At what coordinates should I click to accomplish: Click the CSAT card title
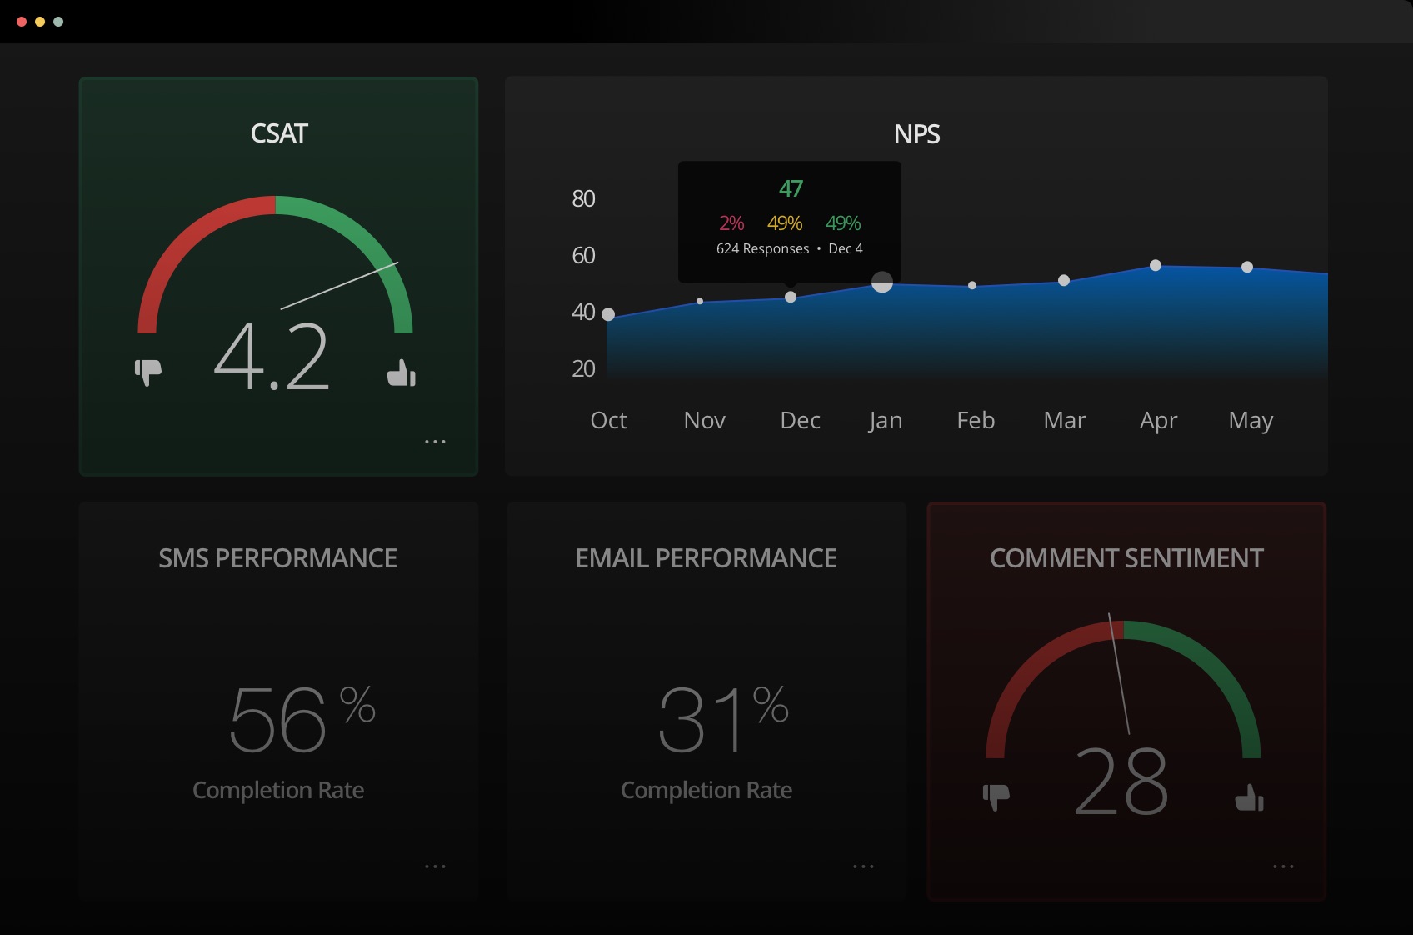pyautogui.click(x=279, y=133)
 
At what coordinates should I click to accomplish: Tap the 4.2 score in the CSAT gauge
pyautogui.click(x=272, y=357)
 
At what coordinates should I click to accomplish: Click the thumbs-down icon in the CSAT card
pyautogui.click(x=148, y=372)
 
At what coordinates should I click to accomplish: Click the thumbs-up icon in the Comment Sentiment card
pyautogui.click(x=1249, y=797)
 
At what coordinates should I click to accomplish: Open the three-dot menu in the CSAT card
pyautogui.click(x=435, y=442)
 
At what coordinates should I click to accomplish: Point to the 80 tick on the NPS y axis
pyautogui.click(x=583, y=198)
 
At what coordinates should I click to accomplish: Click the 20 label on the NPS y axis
pyautogui.click(x=583, y=368)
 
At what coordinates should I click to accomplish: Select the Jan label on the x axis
pyautogui.click(x=885, y=420)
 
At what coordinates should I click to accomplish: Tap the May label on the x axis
pyautogui.click(x=1250, y=421)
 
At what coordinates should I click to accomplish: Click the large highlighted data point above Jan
pyautogui.click(x=882, y=282)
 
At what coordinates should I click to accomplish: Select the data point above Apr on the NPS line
pyautogui.click(x=1156, y=265)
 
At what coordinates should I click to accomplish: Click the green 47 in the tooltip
pyautogui.click(x=791, y=189)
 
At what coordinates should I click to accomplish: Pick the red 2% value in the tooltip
pyautogui.click(x=731, y=223)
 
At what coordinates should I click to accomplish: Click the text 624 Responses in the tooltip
pyautogui.click(x=762, y=248)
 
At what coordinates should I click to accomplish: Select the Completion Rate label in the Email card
pyautogui.click(x=706, y=790)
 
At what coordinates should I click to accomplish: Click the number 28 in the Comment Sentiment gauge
pyautogui.click(x=1121, y=782)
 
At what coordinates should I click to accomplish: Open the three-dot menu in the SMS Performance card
pyautogui.click(x=435, y=867)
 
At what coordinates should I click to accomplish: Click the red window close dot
pyautogui.click(x=22, y=22)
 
